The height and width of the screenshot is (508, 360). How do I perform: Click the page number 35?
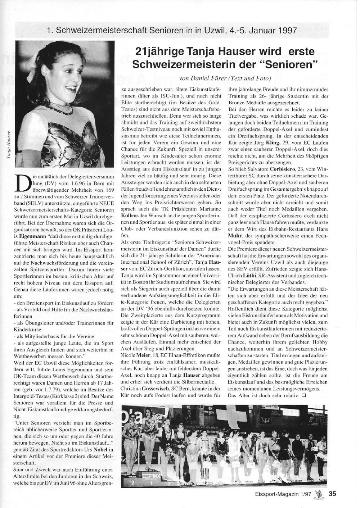click(x=332, y=494)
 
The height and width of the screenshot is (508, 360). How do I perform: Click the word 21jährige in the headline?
click(x=161, y=51)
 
